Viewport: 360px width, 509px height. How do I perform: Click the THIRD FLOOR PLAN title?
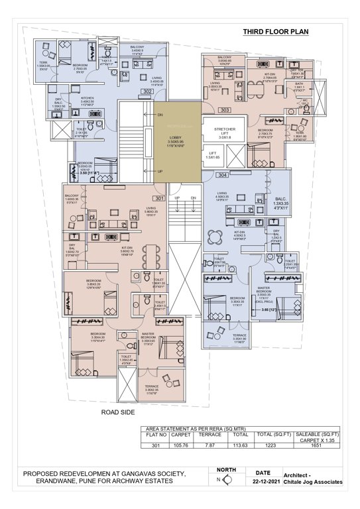click(x=276, y=31)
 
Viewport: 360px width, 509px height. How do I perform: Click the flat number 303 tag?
click(x=225, y=109)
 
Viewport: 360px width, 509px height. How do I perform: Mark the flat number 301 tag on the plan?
click(x=160, y=198)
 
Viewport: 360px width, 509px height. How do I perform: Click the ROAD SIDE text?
click(x=118, y=412)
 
